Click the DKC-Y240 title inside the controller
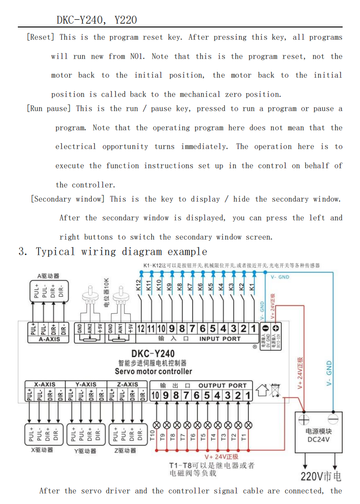coord(153,354)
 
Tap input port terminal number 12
coord(141,328)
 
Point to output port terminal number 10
coord(155,395)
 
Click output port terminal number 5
coord(207,395)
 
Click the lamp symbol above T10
coord(156,425)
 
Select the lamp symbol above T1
coord(248,425)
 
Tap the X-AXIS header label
coord(45,385)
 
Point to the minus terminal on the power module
coord(333,418)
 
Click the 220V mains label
coord(321,476)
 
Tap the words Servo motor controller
coord(153,371)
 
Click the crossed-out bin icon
coord(275,390)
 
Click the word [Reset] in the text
coord(41,37)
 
